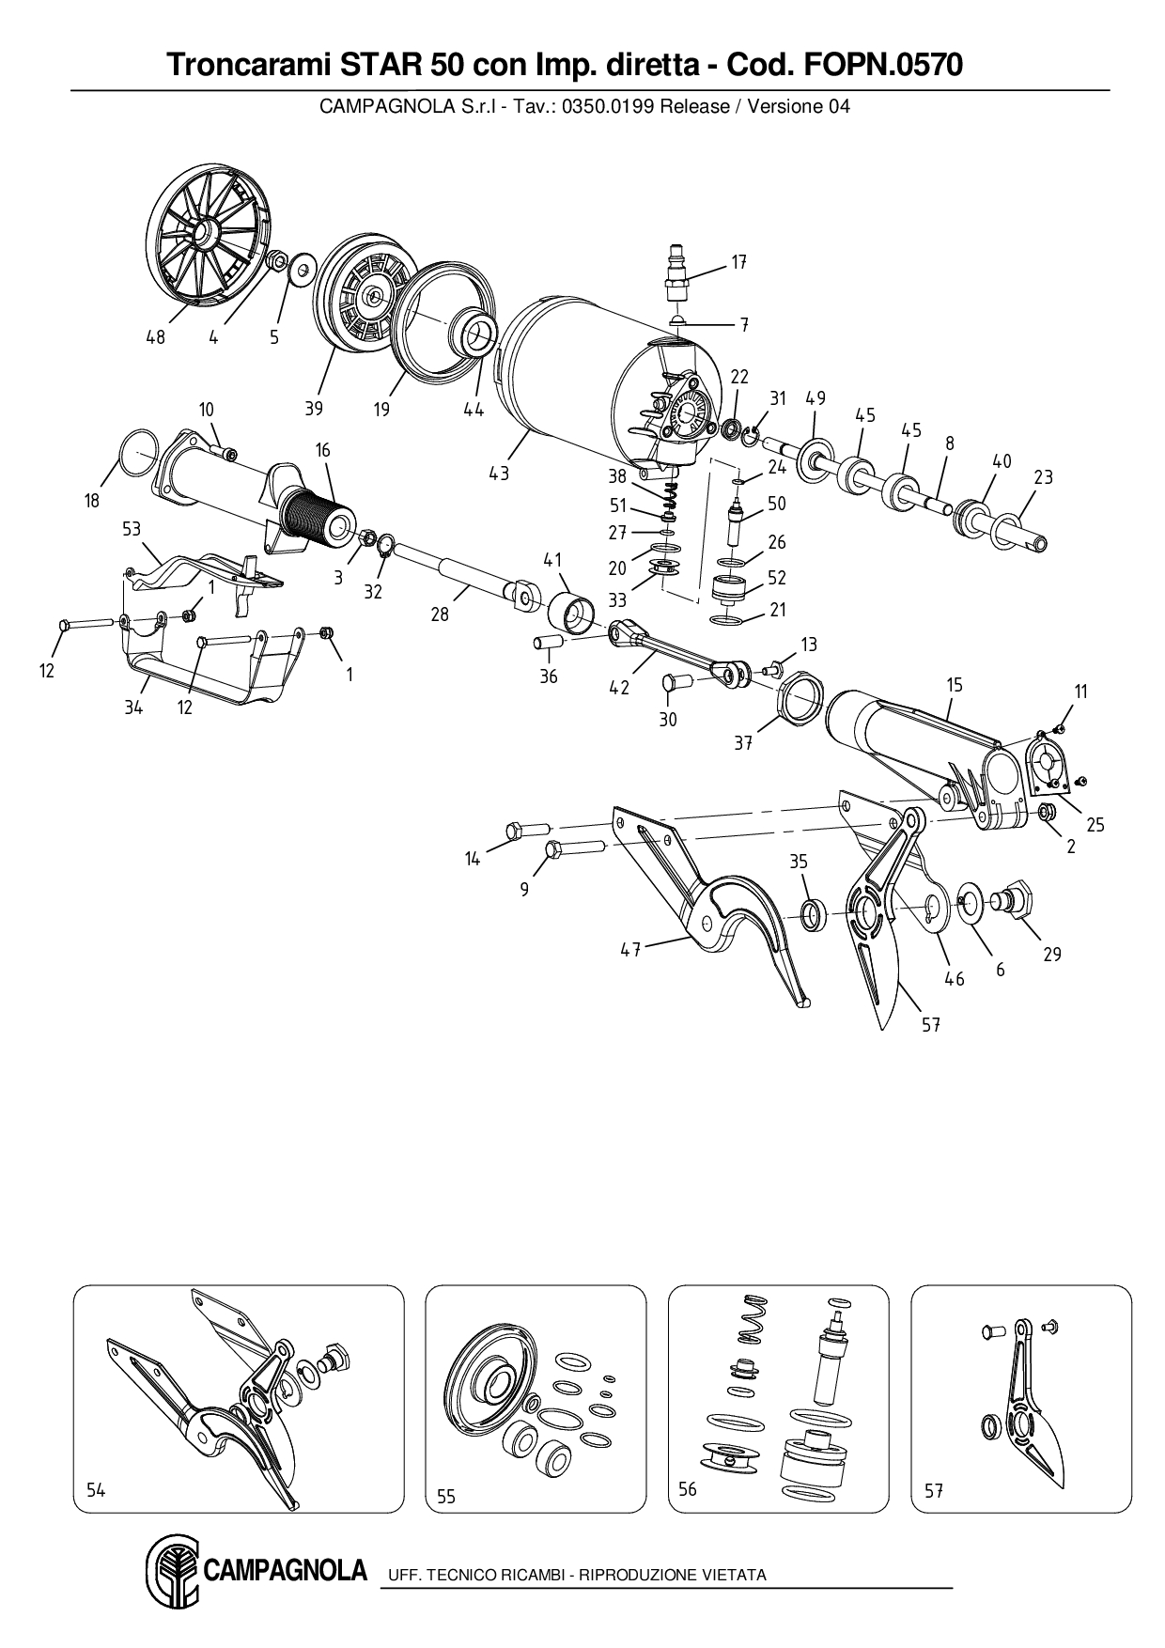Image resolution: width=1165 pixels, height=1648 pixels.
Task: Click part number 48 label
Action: tap(155, 337)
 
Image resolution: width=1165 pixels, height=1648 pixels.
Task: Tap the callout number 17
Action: tap(738, 263)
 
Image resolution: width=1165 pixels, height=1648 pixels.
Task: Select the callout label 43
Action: tap(499, 474)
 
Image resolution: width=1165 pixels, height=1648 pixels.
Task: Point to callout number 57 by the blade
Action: tap(930, 1025)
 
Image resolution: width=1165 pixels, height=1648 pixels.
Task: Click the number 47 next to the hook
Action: tap(629, 950)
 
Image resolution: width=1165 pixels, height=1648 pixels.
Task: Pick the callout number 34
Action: tap(133, 707)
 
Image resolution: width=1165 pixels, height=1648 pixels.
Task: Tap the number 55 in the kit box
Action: tap(446, 1496)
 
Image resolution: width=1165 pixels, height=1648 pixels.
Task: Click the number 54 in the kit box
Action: tap(96, 1490)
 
